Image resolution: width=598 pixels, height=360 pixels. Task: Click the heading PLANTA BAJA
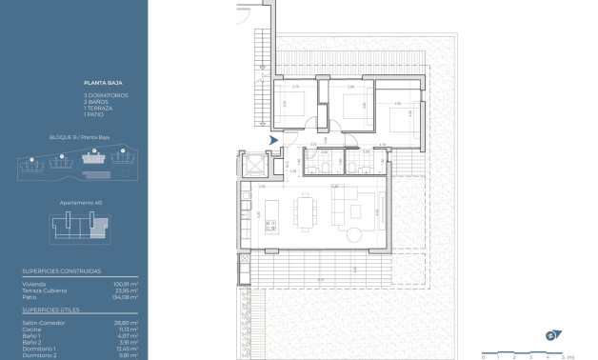99,87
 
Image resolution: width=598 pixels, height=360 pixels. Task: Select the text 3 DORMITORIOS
106,96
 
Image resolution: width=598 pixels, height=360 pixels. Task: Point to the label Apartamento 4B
80,202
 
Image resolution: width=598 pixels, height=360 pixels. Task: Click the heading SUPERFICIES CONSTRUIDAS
62,271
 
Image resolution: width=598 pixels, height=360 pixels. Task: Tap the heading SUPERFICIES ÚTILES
51,310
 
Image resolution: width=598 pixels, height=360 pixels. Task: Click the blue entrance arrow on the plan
274,141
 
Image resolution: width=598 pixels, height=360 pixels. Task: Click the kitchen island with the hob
271,210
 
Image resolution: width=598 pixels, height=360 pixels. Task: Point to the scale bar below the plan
524,352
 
